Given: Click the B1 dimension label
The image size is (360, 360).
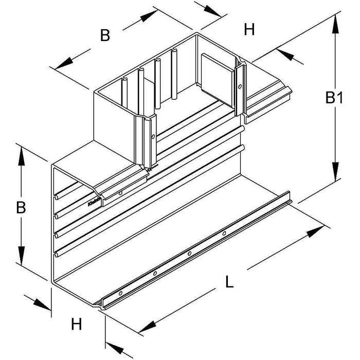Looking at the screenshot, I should (334, 98).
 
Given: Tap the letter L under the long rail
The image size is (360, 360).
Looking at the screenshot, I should (229, 282).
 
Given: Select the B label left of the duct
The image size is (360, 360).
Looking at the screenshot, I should (20, 207).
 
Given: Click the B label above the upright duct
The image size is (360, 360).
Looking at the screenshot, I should (104, 35).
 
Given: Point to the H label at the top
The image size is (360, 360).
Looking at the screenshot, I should (249, 30).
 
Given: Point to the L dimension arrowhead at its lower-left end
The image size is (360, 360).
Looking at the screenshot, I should (146, 326).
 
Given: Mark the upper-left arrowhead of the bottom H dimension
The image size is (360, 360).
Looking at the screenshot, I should (39, 302).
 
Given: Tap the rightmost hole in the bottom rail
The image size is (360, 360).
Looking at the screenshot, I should (224, 234).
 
